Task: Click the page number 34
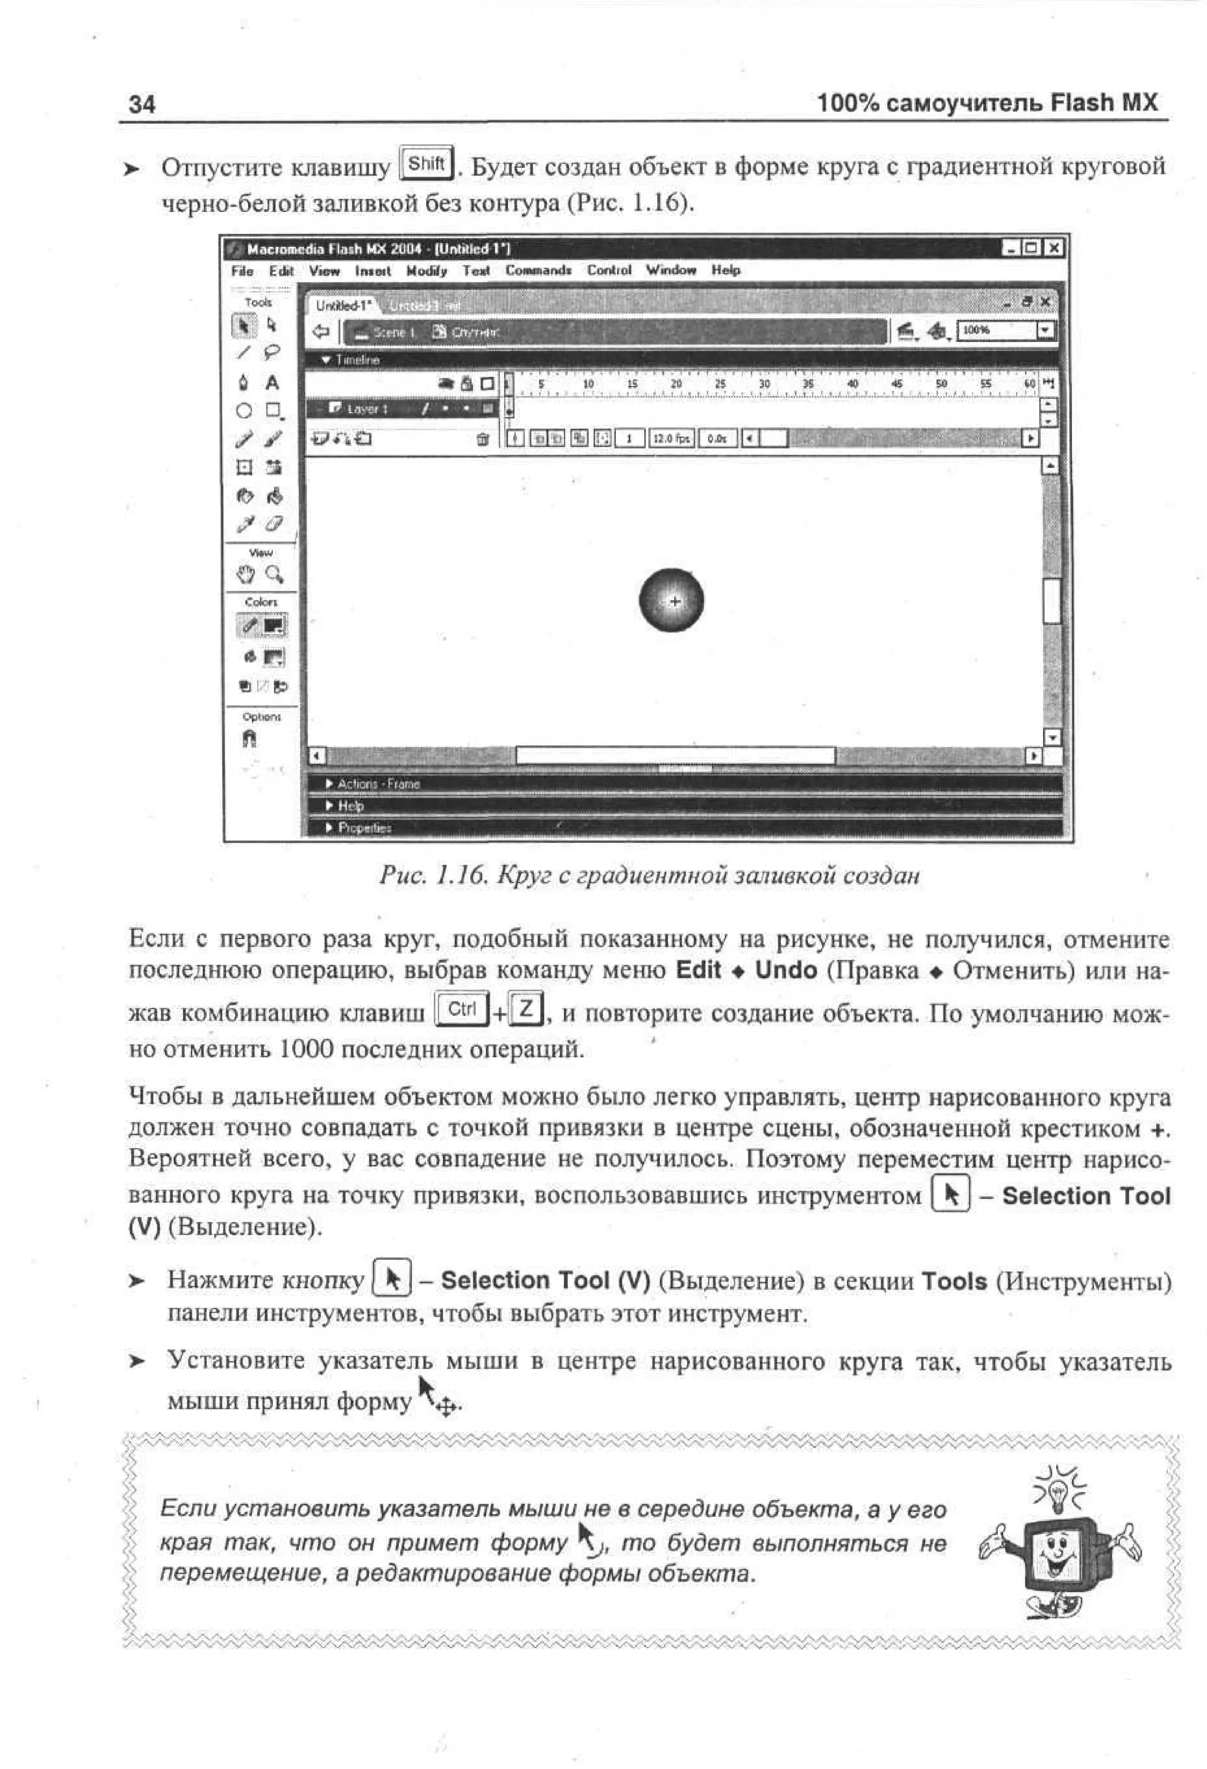141,104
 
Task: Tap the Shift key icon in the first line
427,164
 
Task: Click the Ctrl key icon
461,1009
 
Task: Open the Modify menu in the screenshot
427,270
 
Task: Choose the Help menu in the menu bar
725,270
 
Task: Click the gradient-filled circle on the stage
671,601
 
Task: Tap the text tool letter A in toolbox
272,383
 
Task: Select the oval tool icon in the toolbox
243,411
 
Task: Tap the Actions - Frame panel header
378,784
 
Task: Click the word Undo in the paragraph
786,971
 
